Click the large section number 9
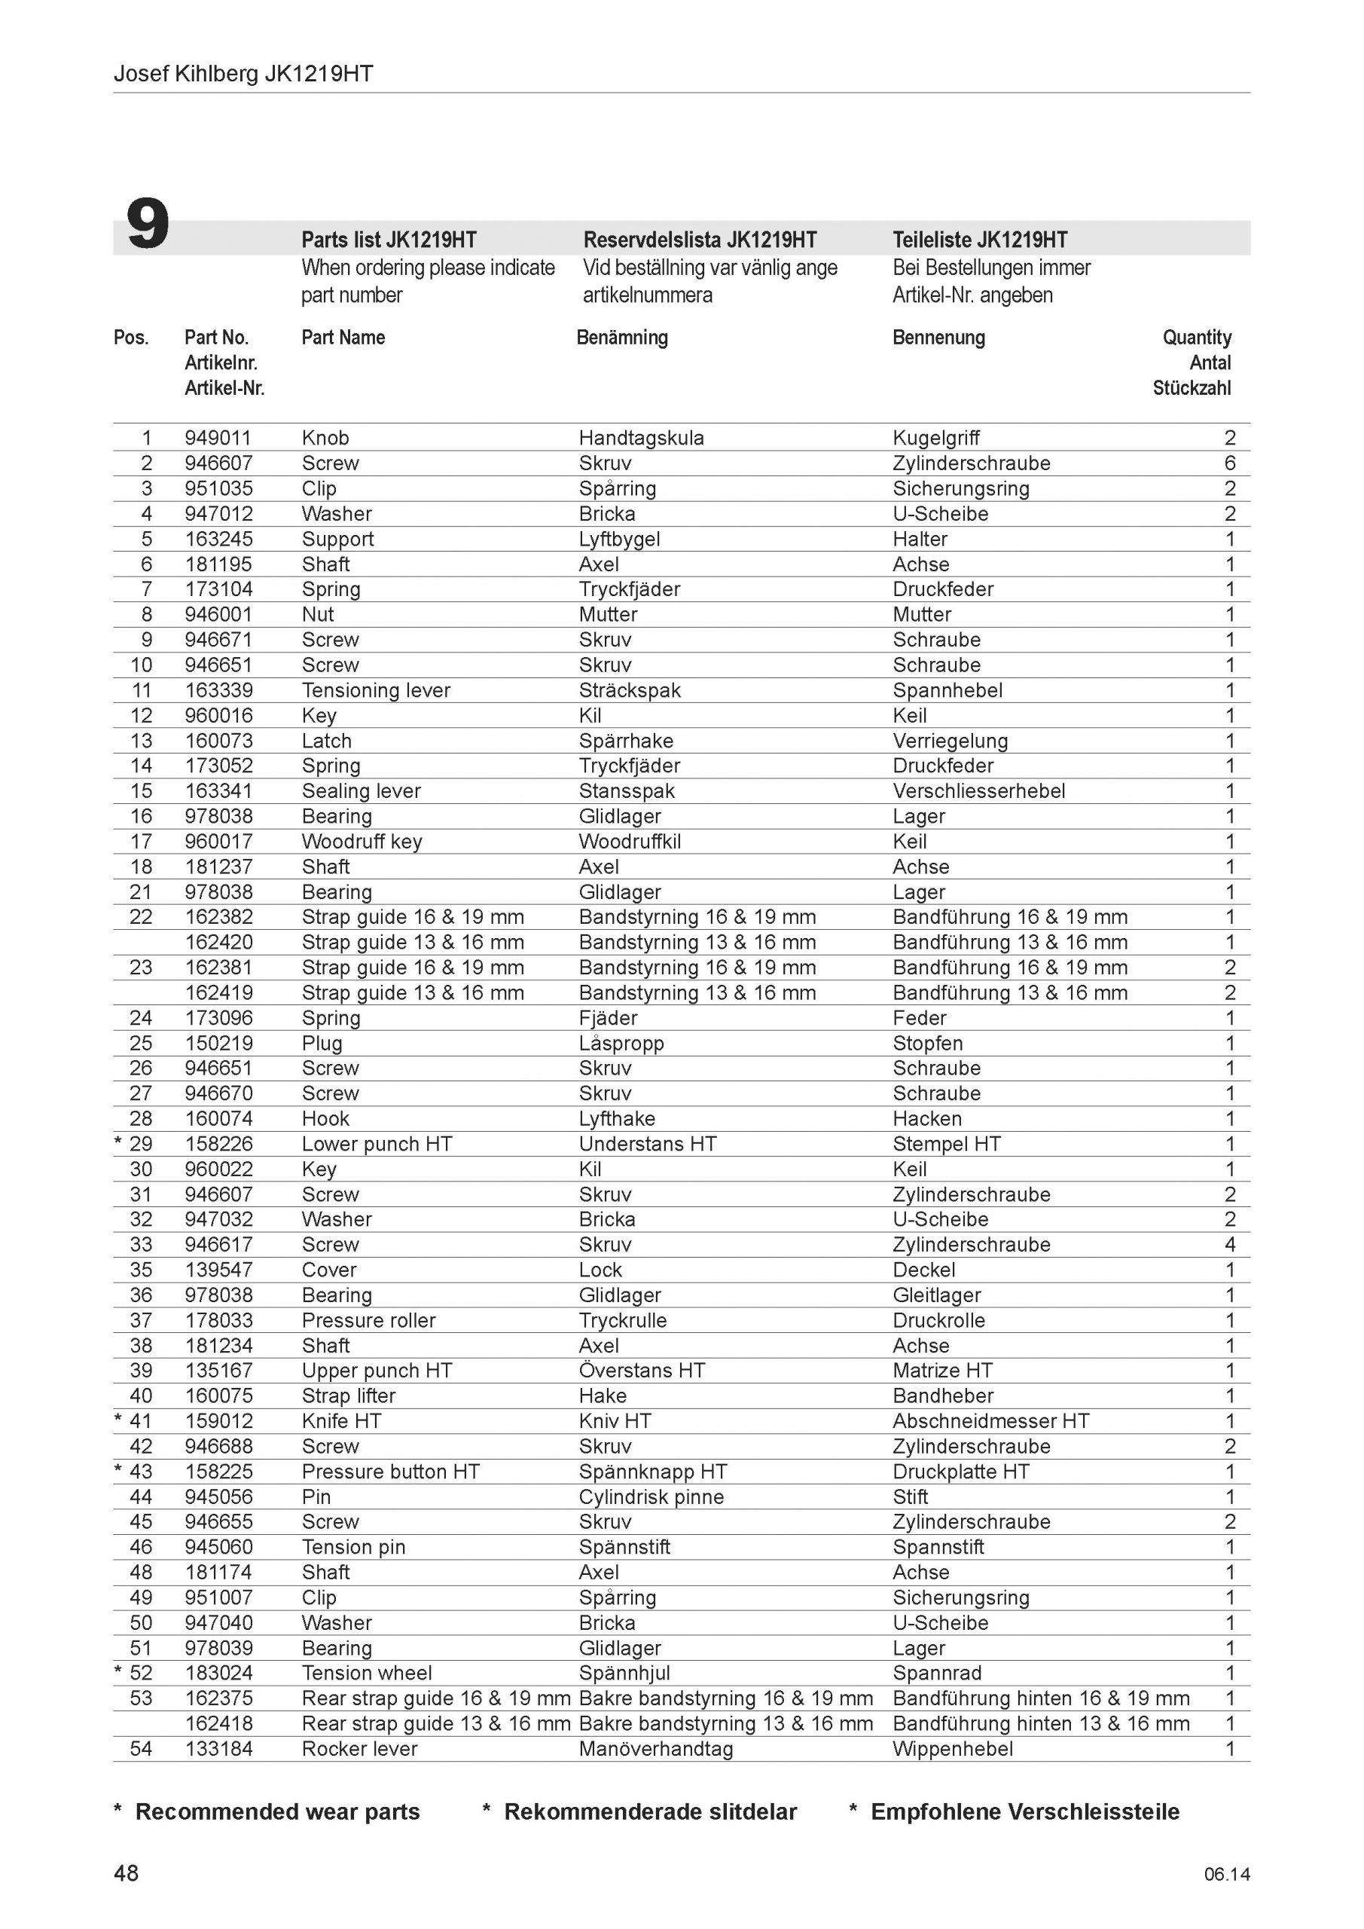pos(148,225)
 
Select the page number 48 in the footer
pos(126,1872)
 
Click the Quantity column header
pos(1196,338)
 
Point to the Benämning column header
pos(621,338)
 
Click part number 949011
pos(218,438)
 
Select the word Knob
pos(325,438)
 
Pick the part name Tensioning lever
pos(375,691)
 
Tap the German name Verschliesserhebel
pos(978,791)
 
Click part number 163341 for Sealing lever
pos(218,791)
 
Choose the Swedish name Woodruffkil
pos(629,842)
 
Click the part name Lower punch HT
pos(377,1145)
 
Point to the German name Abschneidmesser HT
pos(990,1422)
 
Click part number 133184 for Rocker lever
pos(218,1749)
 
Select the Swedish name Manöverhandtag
pos(655,1749)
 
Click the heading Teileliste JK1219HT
pos(979,240)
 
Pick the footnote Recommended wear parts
pos(277,1811)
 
